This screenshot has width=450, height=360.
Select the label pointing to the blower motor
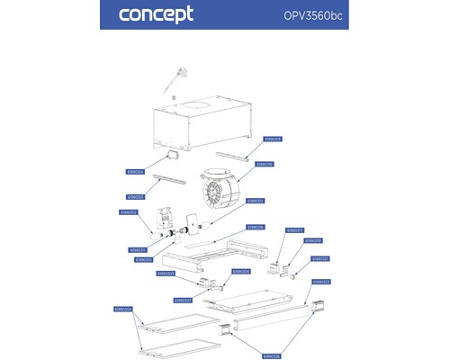[x=265, y=165]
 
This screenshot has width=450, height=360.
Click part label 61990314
[x=136, y=171]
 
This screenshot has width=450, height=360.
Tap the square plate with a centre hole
[x=191, y=220]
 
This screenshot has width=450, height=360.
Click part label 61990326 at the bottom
[x=272, y=355]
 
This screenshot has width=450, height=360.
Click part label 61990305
[x=241, y=271]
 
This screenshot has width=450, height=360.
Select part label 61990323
[x=321, y=282]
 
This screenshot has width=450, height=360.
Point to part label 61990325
[x=320, y=258]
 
